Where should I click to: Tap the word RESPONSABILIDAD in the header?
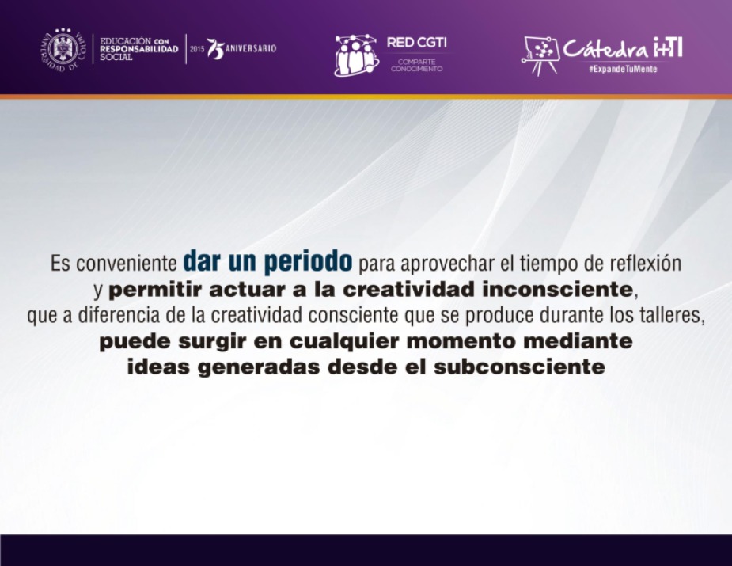click(139, 49)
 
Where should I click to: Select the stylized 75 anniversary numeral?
click(215, 49)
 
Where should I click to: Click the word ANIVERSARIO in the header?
click(251, 48)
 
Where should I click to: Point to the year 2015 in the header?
click(197, 49)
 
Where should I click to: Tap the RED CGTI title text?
click(416, 43)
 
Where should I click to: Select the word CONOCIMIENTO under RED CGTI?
click(416, 69)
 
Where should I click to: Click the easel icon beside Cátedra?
click(540, 56)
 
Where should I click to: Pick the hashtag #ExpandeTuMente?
click(623, 69)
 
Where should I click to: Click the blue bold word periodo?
click(308, 261)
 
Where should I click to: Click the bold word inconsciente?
click(557, 290)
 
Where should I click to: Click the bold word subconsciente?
click(520, 367)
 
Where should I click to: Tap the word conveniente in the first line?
click(126, 264)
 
